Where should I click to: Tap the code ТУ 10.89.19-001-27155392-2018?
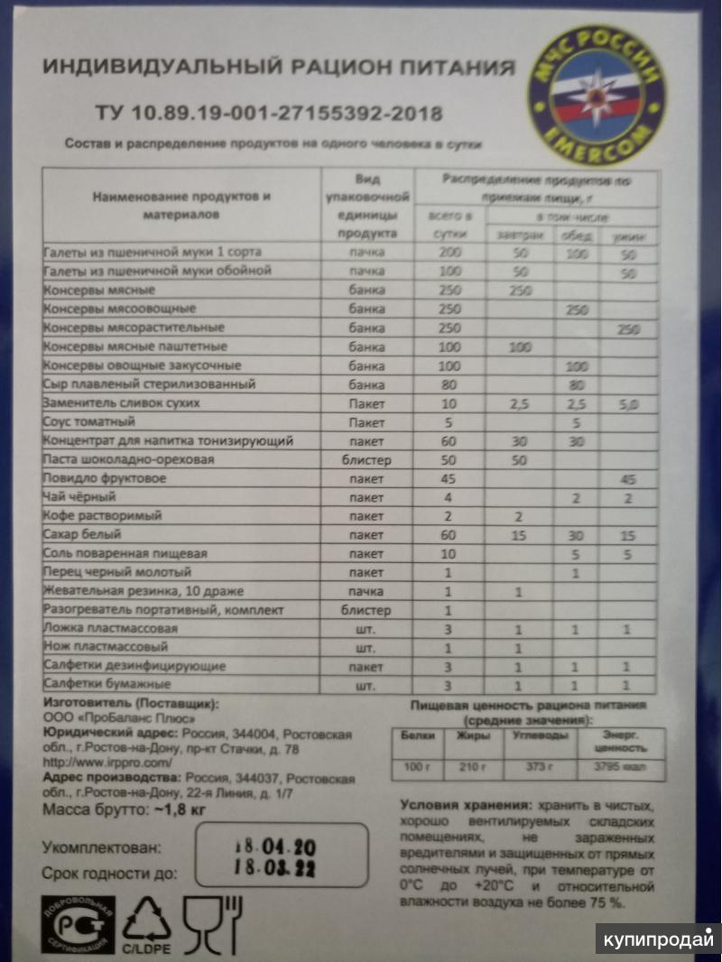(269, 114)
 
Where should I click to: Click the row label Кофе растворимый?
(102, 516)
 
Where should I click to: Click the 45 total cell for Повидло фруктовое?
(449, 478)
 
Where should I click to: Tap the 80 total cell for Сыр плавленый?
(449, 384)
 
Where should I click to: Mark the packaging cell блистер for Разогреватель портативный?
(366, 610)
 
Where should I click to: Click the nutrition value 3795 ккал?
(620, 768)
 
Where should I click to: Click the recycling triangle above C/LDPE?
(146, 918)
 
